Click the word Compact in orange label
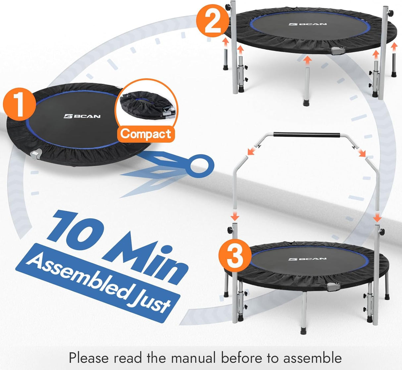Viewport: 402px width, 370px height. (x=146, y=133)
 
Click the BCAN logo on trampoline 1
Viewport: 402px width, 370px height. (x=82, y=116)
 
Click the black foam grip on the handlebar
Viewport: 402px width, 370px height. (x=307, y=135)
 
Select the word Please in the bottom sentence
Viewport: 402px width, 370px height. (x=88, y=358)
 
